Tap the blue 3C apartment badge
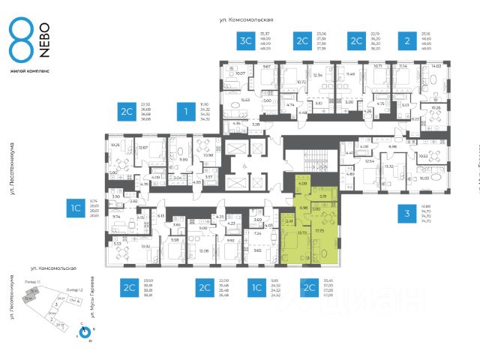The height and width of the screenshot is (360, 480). pyautogui.click(x=244, y=41)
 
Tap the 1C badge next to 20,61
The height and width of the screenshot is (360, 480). pyautogui.click(x=76, y=209)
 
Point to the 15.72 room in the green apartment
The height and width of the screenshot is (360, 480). pyautogui.click(x=303, y=232)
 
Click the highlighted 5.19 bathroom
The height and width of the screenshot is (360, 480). pyautogui.click(x=322, y=196)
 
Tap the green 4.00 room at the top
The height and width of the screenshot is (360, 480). pyautogui.click(x=303, y=184)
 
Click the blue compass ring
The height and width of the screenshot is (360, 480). pyautogui.click(x=84, y=330)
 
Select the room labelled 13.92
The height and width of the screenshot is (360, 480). pyautogui.click(x=124, y=246)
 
